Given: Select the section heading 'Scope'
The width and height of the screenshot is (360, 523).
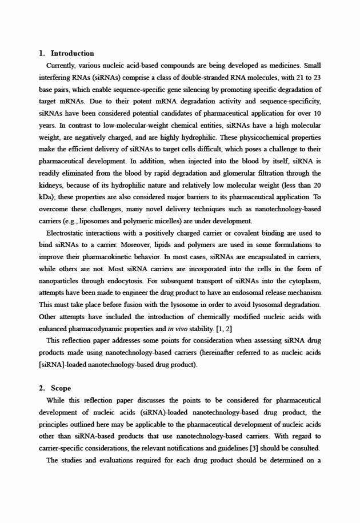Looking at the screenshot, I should pos(61,388).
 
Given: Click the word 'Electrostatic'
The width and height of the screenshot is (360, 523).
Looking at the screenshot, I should pos(67,233).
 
